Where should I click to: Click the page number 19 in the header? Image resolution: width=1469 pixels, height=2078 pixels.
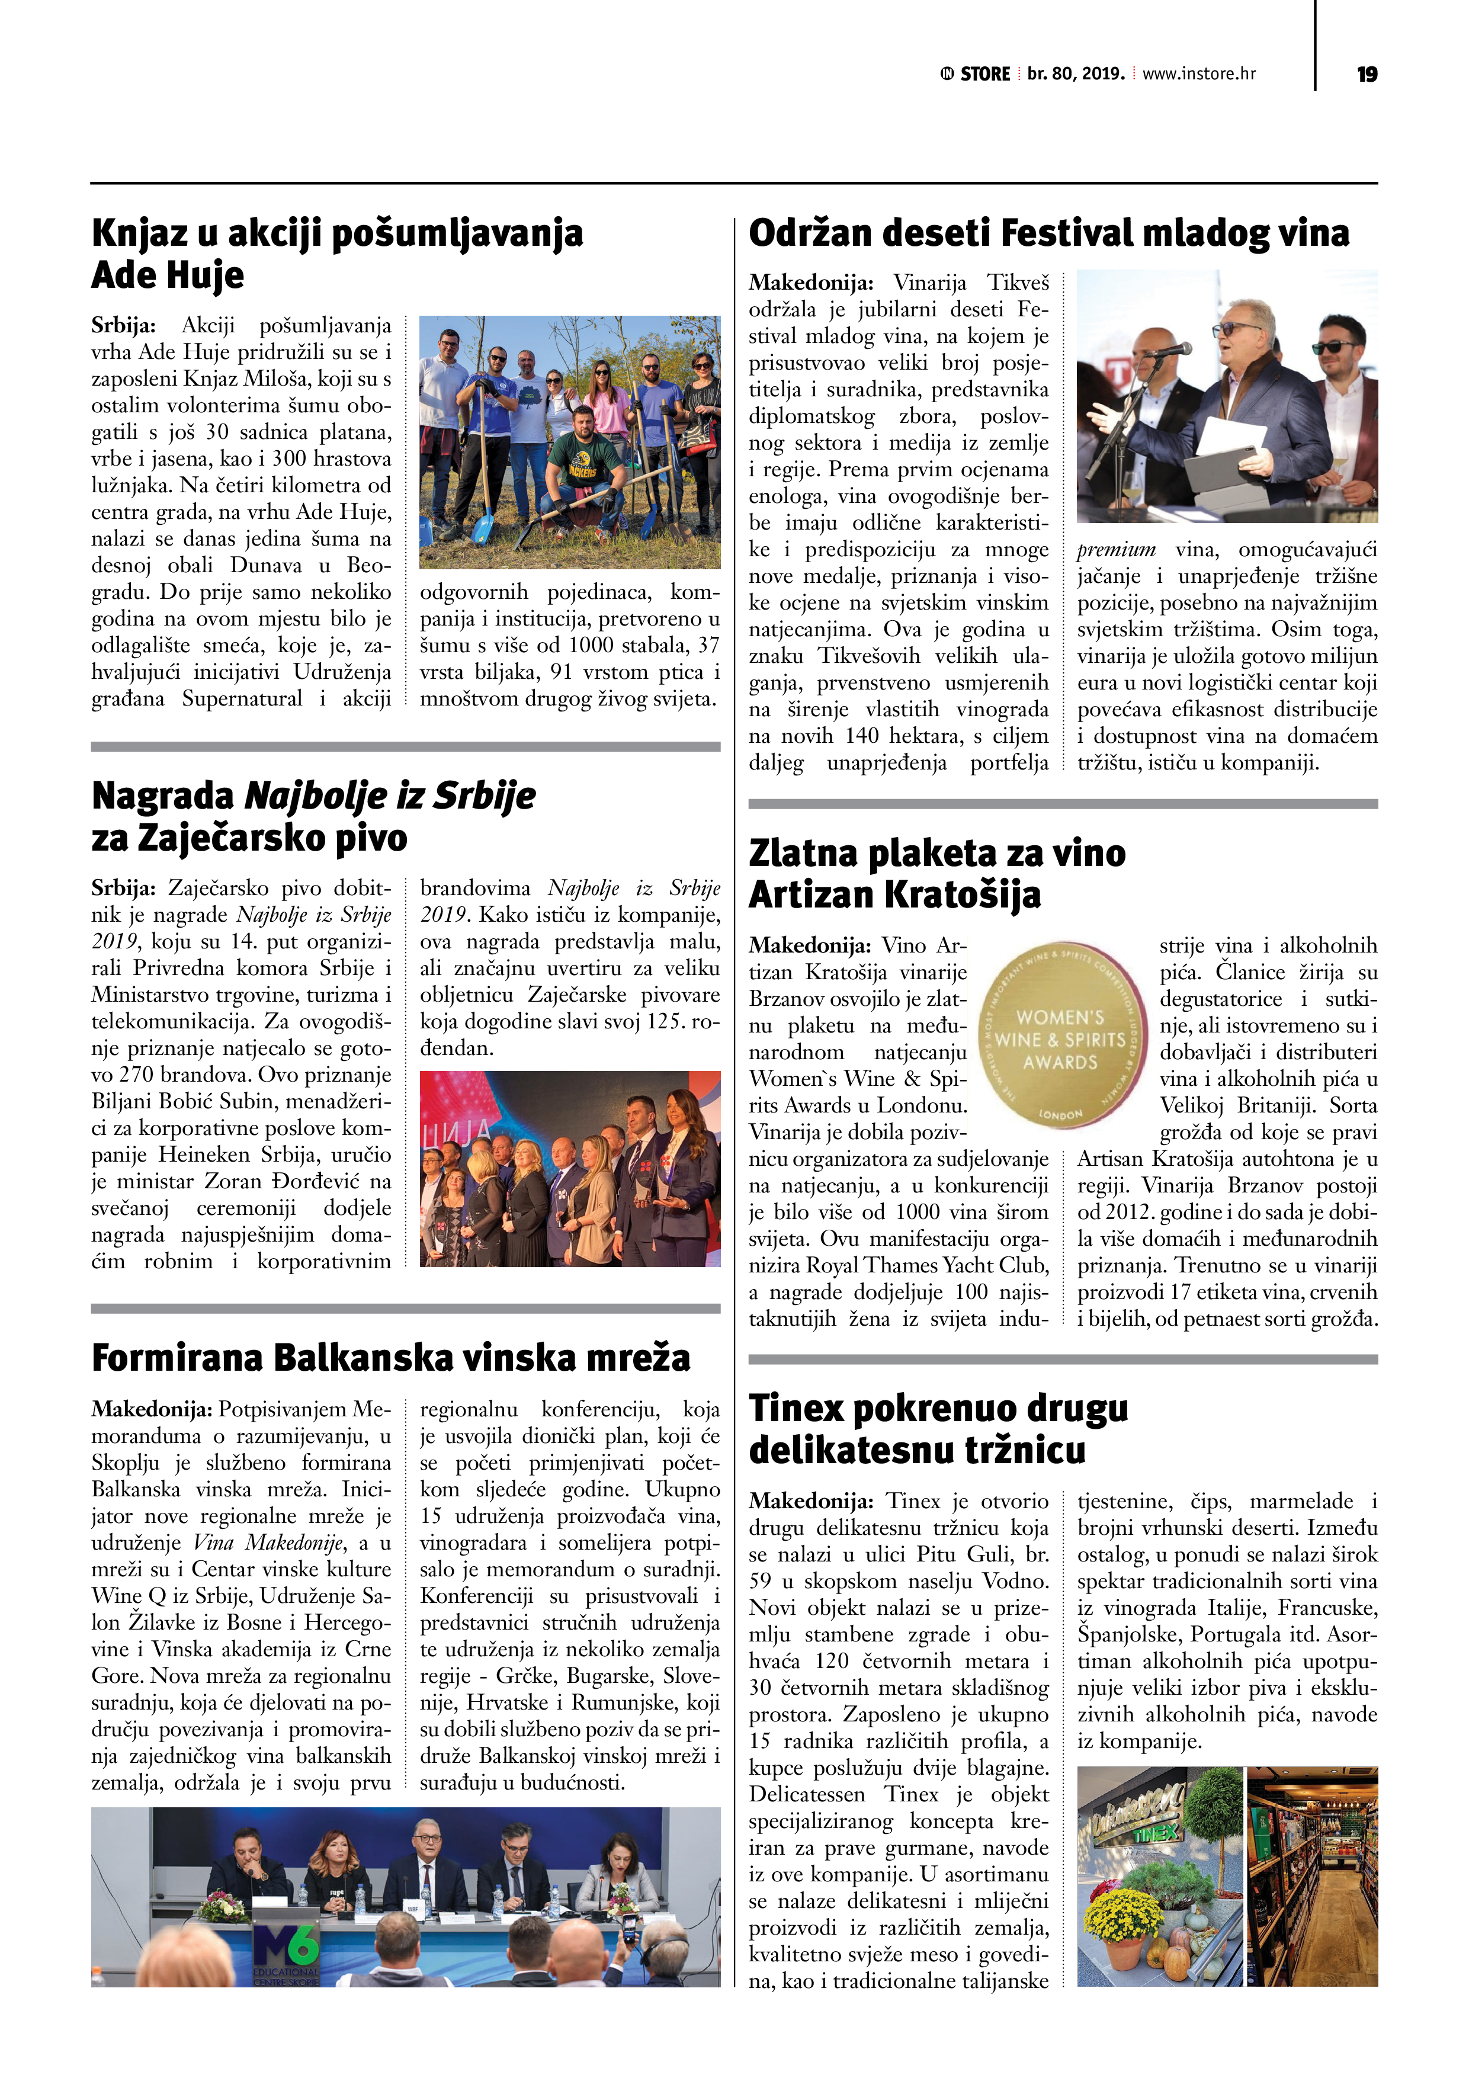[x=1367, y=74]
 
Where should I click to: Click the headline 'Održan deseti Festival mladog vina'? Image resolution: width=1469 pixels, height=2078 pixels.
[x=1048, y=233]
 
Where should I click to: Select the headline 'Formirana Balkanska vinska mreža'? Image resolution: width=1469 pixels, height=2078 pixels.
[x=390, y=1358]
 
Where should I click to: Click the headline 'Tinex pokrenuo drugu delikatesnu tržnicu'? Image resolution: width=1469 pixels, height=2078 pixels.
[x=939, y=1429]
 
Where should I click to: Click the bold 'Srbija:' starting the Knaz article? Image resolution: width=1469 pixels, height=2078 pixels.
[x=124, y=326]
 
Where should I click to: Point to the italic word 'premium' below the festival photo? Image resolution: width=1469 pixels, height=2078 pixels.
[x=1116, y=549]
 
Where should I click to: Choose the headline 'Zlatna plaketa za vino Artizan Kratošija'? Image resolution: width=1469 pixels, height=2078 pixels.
[x=937, y=873]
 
